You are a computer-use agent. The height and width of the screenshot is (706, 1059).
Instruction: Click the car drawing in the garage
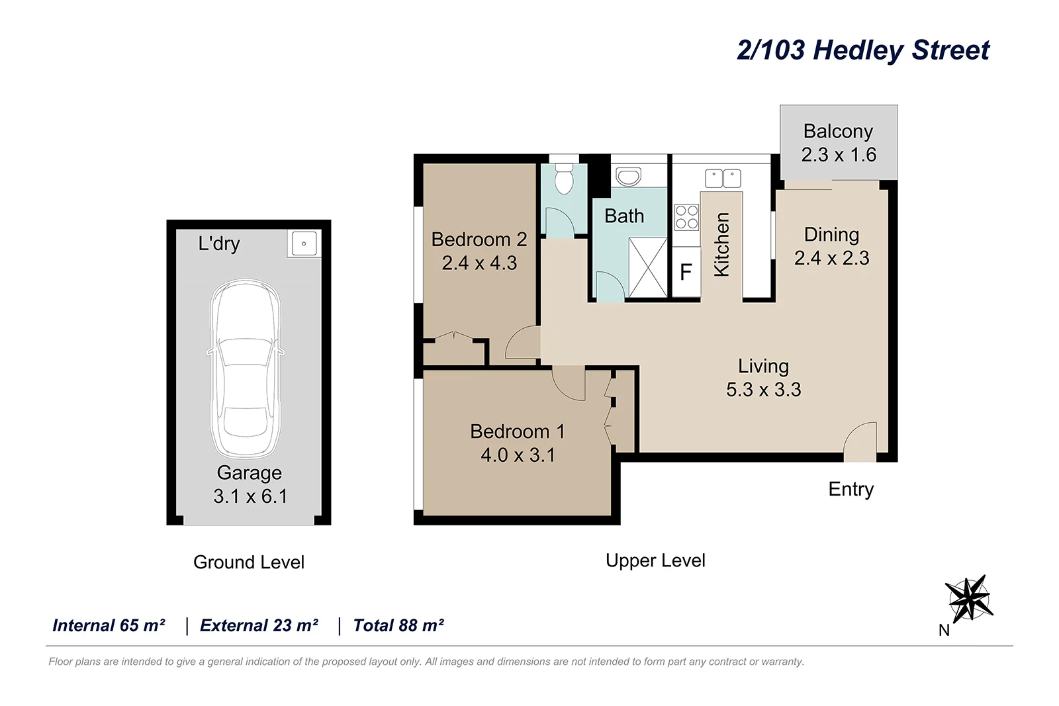[246, 369]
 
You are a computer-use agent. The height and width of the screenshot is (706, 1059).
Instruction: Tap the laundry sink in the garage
[304, 243]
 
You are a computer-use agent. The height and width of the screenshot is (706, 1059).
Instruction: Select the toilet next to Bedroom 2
[563, 177]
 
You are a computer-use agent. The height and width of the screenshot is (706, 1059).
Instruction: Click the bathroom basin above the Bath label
[627, 177]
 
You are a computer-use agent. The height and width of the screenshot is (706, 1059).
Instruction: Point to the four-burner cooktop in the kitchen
[686, 217]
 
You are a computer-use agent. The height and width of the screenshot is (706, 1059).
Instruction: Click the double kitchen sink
[723, 179]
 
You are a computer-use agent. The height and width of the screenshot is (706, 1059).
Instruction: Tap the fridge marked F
[686, 272]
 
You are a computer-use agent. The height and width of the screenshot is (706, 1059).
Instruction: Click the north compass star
[968, 598]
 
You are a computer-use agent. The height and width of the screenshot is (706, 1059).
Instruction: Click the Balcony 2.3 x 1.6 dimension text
[839, 154]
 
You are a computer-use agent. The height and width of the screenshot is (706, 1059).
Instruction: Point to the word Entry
[851, 489]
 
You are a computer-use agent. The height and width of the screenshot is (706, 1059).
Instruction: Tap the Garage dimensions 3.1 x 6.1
[250, 496]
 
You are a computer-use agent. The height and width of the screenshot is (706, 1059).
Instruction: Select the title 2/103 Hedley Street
[863, 50]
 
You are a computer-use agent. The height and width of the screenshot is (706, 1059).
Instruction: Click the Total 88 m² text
[398, 625]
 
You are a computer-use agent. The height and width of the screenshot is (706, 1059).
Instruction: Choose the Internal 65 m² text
[109, 625]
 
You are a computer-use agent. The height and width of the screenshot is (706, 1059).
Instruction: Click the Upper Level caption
[655, 560]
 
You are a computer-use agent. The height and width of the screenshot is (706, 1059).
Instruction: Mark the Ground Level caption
[249, 562]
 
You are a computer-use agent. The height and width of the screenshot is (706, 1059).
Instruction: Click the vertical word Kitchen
[721, 244]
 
